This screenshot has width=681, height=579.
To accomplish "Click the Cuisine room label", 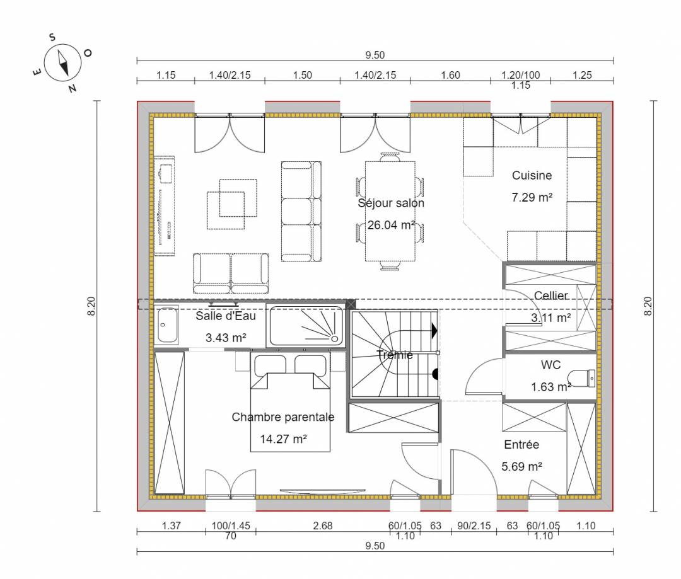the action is click(x=532, y=175).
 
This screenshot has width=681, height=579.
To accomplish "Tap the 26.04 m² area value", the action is click(x=392, y=225).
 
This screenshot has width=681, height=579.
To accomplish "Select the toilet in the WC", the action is click(x=582, y=378).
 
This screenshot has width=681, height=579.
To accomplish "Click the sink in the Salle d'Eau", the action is click(x=167, y=325).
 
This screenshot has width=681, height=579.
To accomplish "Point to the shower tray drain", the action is click(x=335, y=338).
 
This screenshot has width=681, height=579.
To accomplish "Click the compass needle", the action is click(x=63, y=63).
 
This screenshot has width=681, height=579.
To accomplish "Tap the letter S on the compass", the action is click(x=52, y=37).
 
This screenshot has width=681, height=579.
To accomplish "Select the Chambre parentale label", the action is click(x=283, y=417).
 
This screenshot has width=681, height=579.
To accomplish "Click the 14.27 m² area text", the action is click(x=283, y=439).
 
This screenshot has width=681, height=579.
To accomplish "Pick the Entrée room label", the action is click(x=521, y=444).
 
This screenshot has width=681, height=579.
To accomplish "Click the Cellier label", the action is click(x=550, y=295).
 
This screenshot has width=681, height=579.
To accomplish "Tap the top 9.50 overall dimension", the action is click(x=375, y=55).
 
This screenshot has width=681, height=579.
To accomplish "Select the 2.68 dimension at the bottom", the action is click(x=323, y=525).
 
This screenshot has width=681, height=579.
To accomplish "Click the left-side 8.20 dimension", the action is click(x=91, y=306).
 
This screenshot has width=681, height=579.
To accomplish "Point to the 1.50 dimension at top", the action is click(x=302, y=75).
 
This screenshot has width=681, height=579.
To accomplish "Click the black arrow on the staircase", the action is click(x=434, y=331).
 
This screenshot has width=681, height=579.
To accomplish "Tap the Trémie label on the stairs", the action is click(x=395, y=355).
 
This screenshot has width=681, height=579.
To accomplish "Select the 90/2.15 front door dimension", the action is click(x=474, y=525).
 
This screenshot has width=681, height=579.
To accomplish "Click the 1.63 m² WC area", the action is click(x=550, y=387).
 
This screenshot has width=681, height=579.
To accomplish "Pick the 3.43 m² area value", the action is click(x=226, y=337).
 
